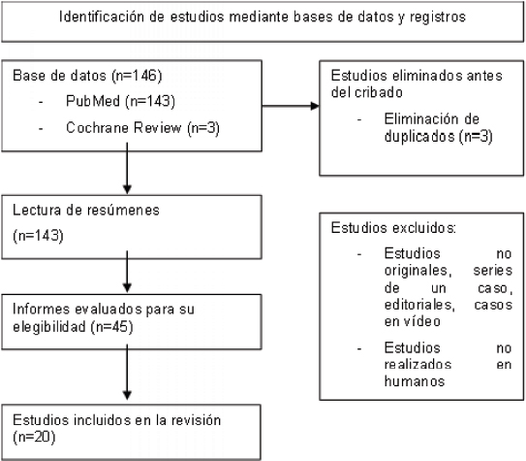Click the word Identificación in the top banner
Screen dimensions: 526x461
(x=102, y=16)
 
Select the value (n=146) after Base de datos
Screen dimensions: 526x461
(x=137, y=76)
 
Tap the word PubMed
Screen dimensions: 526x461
(x=93, y=101)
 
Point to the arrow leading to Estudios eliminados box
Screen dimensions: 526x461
(x=291, y=106)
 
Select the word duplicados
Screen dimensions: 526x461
(x=419, y=136)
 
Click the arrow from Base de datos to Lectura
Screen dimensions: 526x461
(x=127, y=168)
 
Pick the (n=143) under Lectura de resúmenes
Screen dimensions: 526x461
(x=38, y=236)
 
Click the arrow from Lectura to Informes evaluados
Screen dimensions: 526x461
(x=127, y=272)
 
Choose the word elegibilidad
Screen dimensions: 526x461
(x=49, y=327)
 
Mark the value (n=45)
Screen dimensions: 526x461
(x=112, y=327)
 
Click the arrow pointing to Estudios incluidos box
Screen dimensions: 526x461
(x=127, y=372)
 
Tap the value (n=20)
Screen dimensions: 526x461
(x=34, y=437)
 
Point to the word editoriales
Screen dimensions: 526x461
(x=419, y=305)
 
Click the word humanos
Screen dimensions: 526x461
(x=415, y=381)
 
